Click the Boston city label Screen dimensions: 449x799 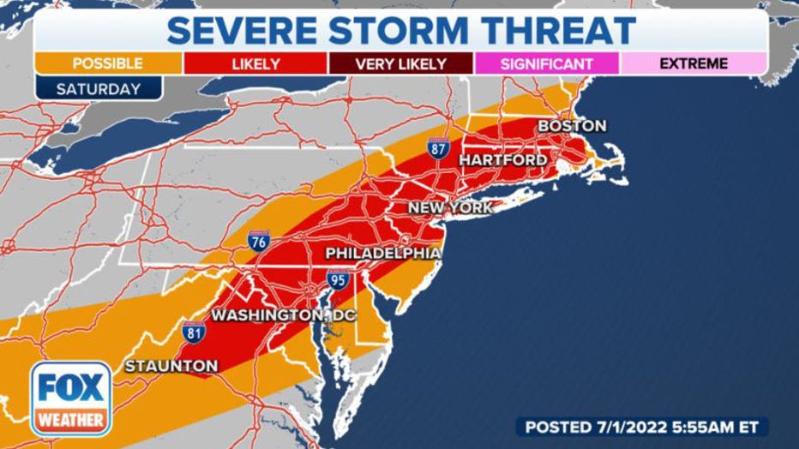pos(571,126)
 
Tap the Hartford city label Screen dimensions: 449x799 pos(503,160)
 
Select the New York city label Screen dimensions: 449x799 pos(449,207)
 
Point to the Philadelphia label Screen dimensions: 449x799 pos(383,254)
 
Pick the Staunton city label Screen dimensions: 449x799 pos(171,366)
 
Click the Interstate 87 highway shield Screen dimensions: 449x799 pos(437,150)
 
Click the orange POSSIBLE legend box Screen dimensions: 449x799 pos(107,63)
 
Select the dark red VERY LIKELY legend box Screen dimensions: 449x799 pos(400,63)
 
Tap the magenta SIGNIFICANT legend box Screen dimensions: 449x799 pos(546,63)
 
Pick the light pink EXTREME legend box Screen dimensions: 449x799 pos(694,63)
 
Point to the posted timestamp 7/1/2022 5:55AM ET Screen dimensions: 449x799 pos(641,426)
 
